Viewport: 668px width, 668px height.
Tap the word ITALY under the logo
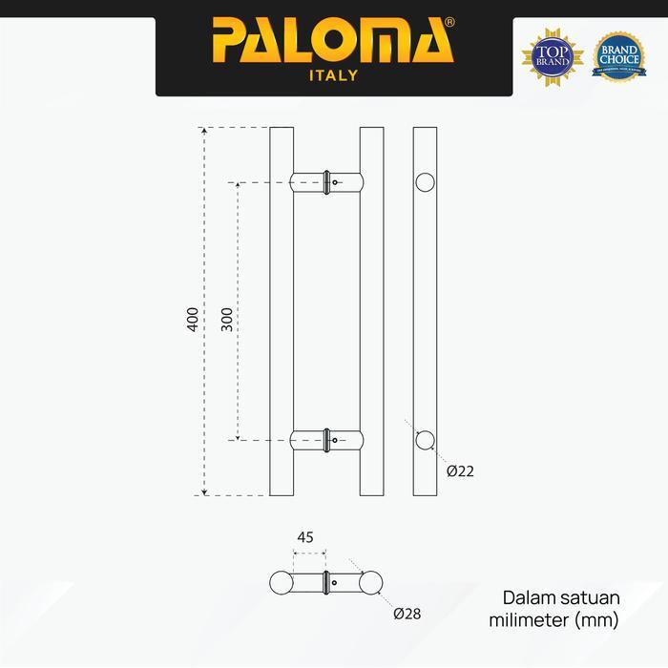click(x=334, y=76)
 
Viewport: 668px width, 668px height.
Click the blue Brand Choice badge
click(x=618, y=55)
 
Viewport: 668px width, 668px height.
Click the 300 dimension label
click(x=226, y=318)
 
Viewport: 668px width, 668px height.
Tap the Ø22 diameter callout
click(x=460, y=470)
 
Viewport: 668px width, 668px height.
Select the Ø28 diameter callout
click(x=407, y=614)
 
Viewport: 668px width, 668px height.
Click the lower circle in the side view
click(x=426, y=440)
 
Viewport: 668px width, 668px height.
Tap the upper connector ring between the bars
click(x=328, y=181)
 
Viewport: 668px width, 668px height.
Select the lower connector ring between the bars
click(x=328, y=440)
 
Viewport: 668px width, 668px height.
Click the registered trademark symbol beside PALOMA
click(x=449, y=21)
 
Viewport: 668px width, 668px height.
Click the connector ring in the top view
click(x=328, y=581)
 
